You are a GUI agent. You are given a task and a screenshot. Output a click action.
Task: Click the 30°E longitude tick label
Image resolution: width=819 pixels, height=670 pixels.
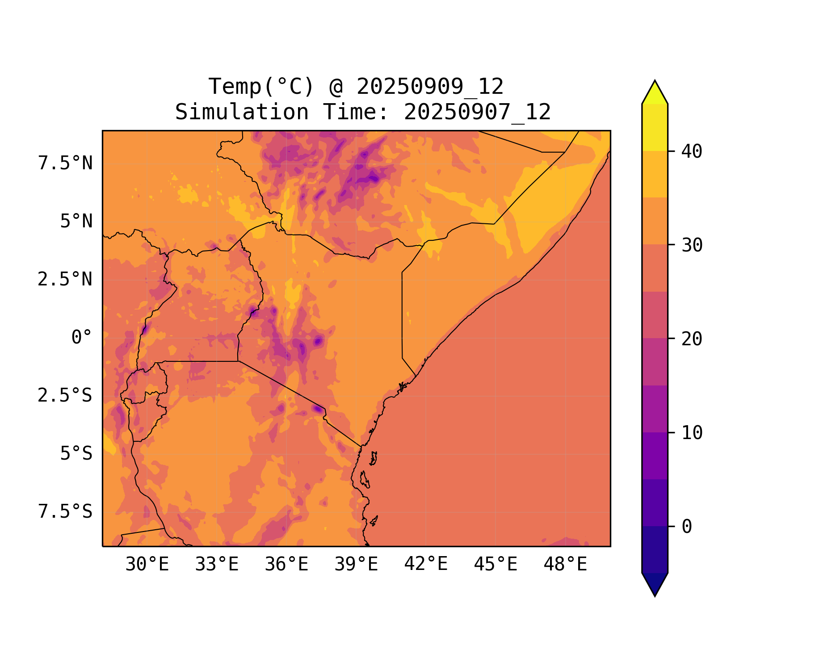pyautogui.click(x=147, y=565)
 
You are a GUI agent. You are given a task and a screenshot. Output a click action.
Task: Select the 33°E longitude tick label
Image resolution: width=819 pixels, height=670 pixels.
pyautogui.click(x=217, y=565)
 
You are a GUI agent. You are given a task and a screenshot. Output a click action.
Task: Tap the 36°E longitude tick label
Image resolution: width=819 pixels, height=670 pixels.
pyautogui.click(x=286, y=565)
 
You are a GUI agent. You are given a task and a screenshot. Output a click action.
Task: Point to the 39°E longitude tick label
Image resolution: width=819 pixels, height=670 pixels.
pyautogui.click(x=356, y=565)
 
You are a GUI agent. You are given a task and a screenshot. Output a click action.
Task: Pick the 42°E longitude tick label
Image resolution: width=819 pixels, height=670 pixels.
pyautogui.click(x=426, y=565)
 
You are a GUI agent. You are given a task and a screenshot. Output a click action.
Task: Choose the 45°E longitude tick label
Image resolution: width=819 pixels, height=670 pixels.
pyautogui.click(x=496, y=565)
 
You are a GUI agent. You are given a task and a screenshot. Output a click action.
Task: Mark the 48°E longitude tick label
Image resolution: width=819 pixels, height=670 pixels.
pyautogui.click(x=565, y=565)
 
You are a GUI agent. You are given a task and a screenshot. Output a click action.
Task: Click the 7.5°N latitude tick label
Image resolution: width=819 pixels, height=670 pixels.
pyautogui.click(x=65, y=163)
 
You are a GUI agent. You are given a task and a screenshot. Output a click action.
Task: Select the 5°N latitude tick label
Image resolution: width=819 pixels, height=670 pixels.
pyautogui.click(x=76, y=222)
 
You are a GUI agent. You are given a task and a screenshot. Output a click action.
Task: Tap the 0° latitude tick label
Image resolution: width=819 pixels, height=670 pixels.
pyautogui.click(x=82, y=338)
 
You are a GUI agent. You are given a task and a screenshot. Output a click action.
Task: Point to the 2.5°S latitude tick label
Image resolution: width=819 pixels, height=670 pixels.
pyautogui.click(x=65, y=396)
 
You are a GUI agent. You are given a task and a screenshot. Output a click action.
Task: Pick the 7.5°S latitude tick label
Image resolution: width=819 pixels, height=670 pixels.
pyautogui.click(x=65, y=512)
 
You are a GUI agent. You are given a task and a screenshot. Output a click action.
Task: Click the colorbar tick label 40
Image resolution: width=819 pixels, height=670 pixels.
pyautogui.click(x=692, y=151)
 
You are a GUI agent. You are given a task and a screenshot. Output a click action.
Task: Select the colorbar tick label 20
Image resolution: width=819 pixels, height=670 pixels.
pyautogui.click(x=692, y=339)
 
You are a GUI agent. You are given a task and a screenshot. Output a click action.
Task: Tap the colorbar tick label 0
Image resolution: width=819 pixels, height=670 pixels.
pyautogui.click(x=687, y=527)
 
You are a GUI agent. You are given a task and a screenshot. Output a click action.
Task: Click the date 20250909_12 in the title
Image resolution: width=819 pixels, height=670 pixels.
pyautogui.click(x=430, y=87)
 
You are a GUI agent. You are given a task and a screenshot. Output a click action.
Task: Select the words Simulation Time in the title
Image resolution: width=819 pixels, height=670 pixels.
pyautogui.click(x=282, y=112)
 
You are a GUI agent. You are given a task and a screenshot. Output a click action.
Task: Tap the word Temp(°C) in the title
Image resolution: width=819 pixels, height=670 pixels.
pyautogui.click(x=261, y=87)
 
